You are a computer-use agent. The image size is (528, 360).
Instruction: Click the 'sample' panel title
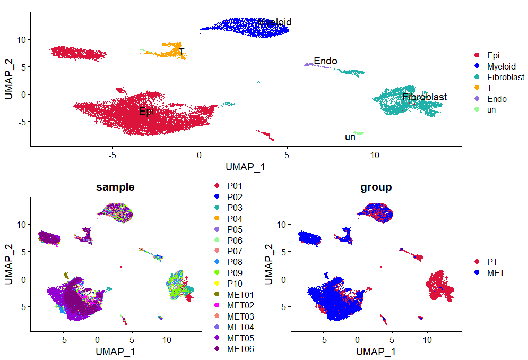(115, 187)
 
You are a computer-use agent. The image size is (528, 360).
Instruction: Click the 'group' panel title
(376, 187)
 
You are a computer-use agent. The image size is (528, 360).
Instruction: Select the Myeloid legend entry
(501, 66)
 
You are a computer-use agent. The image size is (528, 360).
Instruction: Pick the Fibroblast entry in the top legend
(505, 77)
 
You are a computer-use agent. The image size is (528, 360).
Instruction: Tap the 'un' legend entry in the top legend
(491, 110)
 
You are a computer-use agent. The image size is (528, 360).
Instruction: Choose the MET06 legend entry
(240, 349)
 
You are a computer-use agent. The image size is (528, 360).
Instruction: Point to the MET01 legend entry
(240, 294)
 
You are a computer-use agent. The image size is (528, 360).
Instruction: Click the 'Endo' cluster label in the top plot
(325, 61)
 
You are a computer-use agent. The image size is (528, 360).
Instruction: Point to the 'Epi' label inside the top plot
(146, 111)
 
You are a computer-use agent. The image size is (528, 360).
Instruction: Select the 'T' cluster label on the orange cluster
(181, 52)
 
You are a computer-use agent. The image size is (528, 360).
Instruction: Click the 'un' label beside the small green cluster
(350, 137)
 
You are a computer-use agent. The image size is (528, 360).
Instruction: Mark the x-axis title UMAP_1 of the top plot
(246, 167)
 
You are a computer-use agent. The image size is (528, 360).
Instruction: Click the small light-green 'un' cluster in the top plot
(359, 133)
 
